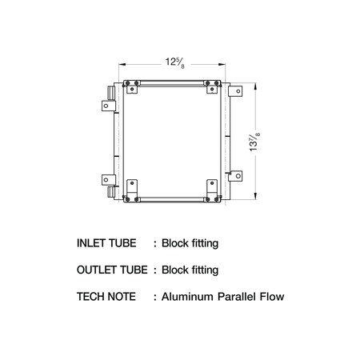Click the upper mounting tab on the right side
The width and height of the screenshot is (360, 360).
click(235, 93)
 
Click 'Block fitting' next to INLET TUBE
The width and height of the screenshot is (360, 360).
click(190, 242)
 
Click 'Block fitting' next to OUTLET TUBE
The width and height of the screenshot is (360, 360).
click(190, 270)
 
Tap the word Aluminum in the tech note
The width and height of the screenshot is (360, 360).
click(188, 297)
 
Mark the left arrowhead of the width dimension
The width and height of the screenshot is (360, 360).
click(121, 63)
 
